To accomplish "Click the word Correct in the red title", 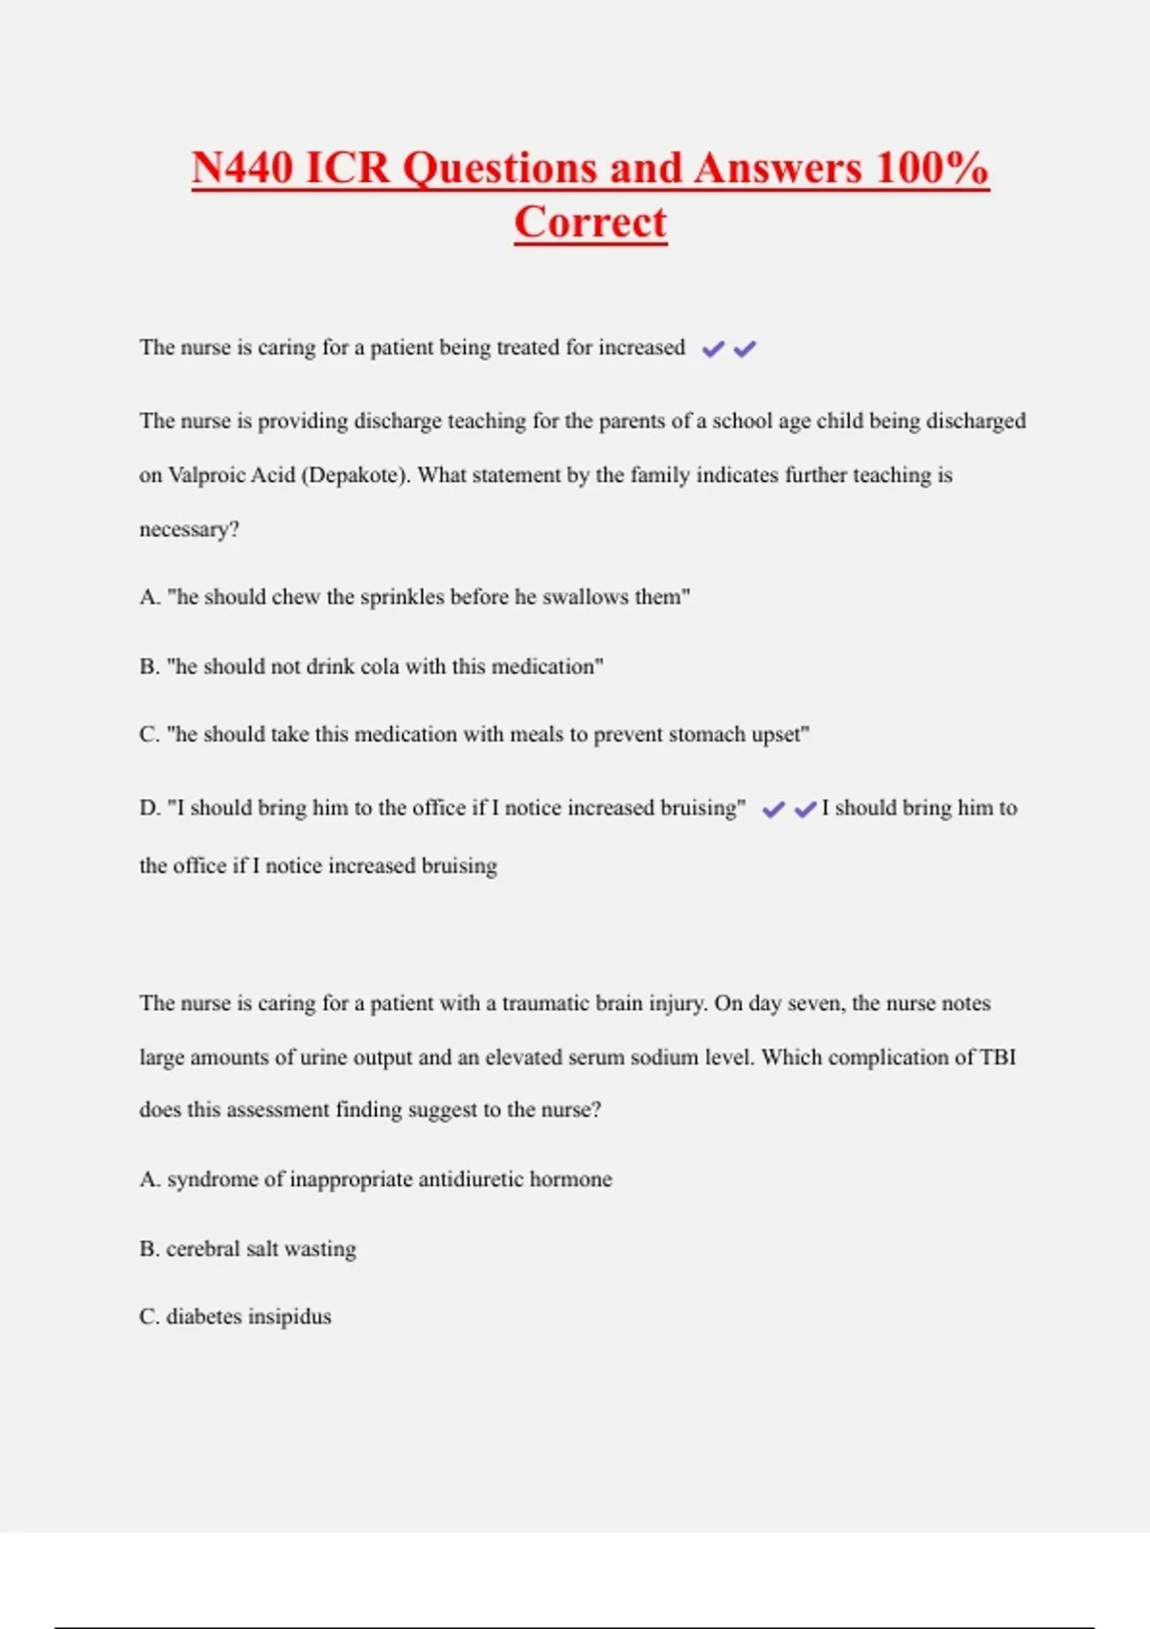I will pos(590,222).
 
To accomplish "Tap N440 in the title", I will pos(242,168).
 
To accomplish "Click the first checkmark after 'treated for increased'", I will pos(713,350).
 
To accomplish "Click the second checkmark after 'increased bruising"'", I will pos(806,810).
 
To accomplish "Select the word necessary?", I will pos(189,530).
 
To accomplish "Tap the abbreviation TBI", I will pos(998,1057).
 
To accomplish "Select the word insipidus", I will pos(289,1317).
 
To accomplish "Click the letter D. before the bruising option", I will pos(149,809).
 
